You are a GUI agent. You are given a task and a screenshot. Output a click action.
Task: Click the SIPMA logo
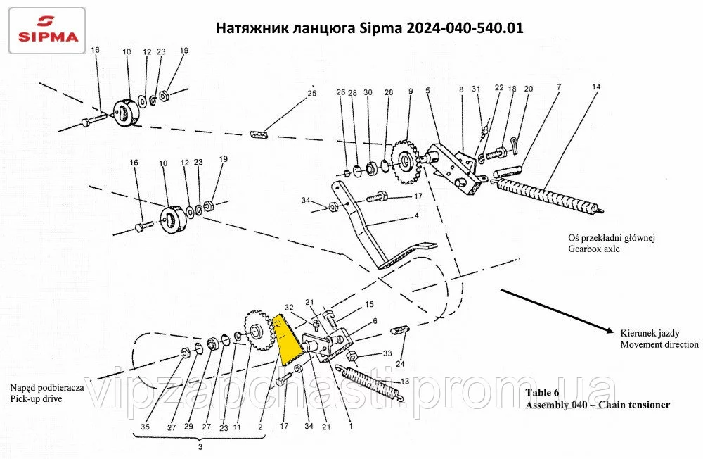point(47,30)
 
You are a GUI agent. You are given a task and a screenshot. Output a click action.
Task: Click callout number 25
point(312,94)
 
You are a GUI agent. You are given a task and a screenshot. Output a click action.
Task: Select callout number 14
point(596,87)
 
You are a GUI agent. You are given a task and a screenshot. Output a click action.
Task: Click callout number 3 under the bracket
point(200,447)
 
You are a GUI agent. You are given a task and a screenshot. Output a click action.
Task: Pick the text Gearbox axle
point(594,249)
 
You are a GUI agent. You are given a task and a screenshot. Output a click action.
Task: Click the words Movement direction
point(659,344)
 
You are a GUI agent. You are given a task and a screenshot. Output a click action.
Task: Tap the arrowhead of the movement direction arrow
point(609,330)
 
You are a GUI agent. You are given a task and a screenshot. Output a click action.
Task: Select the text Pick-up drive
point(36,399)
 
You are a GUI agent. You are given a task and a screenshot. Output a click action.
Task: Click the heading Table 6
point(542,393)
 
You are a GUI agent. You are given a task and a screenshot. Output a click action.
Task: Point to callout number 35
point(146,427)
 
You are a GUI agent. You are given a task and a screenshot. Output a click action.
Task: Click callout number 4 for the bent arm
point(416,215)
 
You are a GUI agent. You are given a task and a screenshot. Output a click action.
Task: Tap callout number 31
point(476,89)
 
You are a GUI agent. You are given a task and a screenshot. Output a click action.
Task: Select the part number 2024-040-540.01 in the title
point(465,28)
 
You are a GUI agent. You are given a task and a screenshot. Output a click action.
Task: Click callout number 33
point(387,354)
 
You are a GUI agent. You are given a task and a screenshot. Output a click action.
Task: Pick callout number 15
point(369,305)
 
